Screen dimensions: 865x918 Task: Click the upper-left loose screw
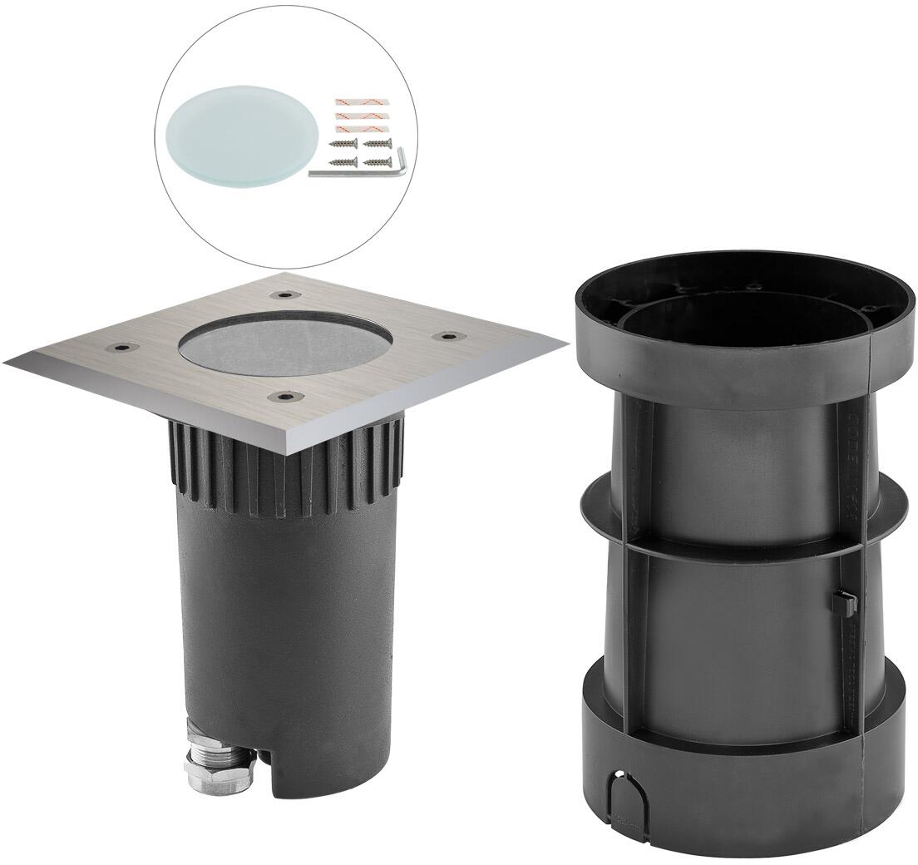click(343, 146)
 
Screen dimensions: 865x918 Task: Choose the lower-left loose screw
click(343, 161)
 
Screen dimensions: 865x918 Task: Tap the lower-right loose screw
click(377, 161)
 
